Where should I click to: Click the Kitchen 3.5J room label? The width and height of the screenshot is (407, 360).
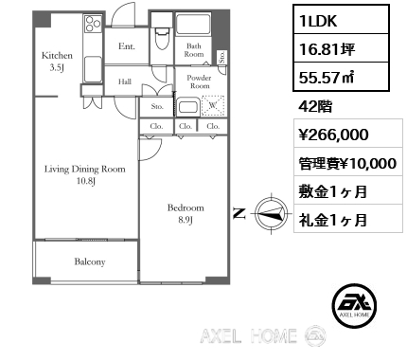pos(57,62)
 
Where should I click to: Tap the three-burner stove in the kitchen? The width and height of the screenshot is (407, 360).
pos(93,24)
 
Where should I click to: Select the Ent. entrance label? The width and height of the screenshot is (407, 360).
pos(127,46)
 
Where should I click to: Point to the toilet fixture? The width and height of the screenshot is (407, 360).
pos(162,38)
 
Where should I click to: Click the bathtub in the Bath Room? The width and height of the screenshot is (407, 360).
pos(193,25)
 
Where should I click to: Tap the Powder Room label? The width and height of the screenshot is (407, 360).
pos(199,81)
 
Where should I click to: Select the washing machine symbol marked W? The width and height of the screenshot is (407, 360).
pos(213,105)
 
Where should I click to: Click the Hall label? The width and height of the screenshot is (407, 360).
pos(125,81)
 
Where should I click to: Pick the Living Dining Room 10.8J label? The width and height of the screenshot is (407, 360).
pos(85,175)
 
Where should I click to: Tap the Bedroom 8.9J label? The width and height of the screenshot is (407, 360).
pos(186,213)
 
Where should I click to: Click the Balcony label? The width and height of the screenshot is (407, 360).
pos(90,261)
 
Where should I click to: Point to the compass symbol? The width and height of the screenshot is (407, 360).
pos(272,214)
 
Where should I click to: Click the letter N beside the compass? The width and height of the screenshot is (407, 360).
pos(239,214)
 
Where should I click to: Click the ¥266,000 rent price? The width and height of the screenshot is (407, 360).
pos(333,135)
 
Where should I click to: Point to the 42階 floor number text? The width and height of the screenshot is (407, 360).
pos(315,107)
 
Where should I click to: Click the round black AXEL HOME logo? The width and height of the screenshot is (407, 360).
pos(354,305)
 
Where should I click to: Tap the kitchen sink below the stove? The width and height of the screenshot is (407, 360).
pos(93,69)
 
